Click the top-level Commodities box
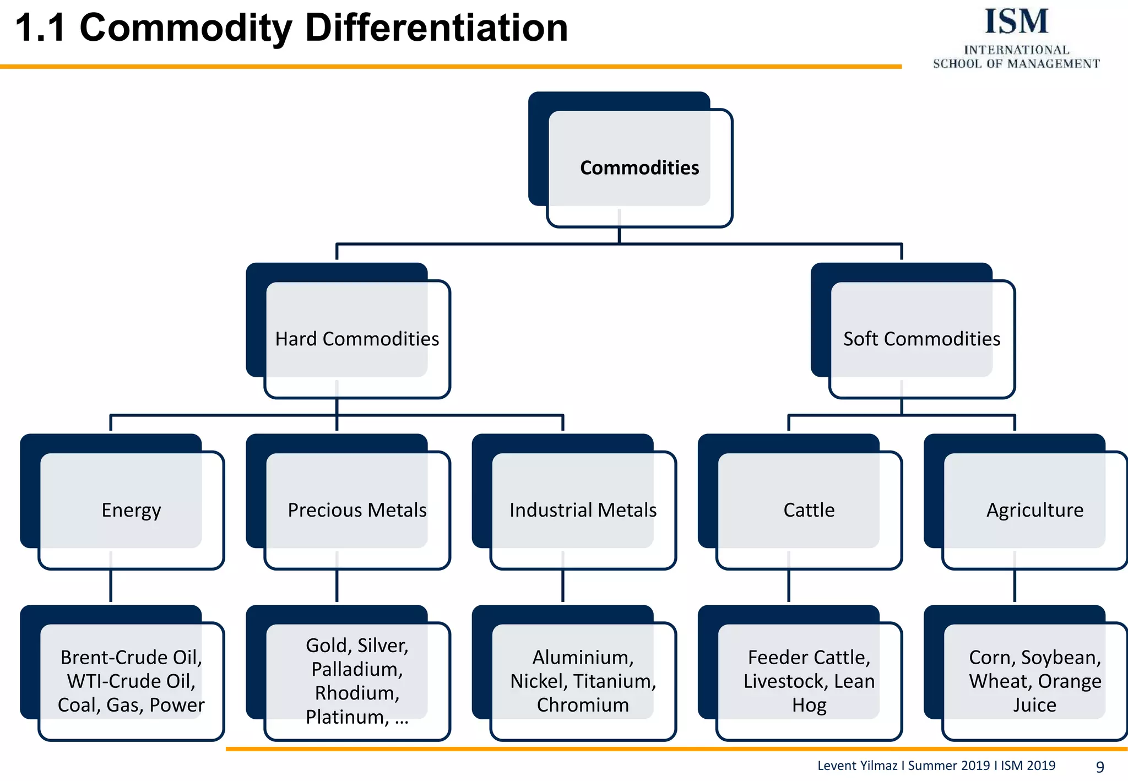(x=639, y=167)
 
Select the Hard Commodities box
(x=357, y=339)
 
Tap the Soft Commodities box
(x=921, y=339)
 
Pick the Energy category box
(x=131, y=510)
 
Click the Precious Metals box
(x=357, y=510)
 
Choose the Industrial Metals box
(x=583, y=510)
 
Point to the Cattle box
(x=809, y=510)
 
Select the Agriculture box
(x=1034, y=510)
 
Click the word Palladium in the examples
(x=355, y=669)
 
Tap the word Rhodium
(x=356, y=693)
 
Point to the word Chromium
(x=583, y=705)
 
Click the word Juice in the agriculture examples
(x=1034, y=705)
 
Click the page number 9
(x=1100, y=767)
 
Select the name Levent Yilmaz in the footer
(x=856, y=766)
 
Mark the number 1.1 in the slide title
(x=40, y=29)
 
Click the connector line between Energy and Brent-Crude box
(x=111, y=587)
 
